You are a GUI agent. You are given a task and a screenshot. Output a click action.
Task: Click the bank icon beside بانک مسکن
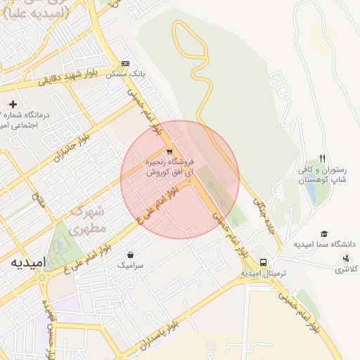tap(125, 63)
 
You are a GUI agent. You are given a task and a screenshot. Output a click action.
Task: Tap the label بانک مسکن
tap(125, 73)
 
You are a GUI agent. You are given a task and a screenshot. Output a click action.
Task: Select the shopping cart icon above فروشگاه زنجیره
tap(169, 151)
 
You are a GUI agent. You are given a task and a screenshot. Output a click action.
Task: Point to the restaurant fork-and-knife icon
tap(322, 158)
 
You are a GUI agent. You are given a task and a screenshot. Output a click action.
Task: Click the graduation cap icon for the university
tap(324, 233)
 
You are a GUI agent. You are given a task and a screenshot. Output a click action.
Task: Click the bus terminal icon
tap(263, 262)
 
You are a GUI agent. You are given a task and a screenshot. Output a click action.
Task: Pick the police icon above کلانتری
tap(345, 258)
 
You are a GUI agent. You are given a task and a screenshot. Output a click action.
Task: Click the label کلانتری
tap(345, 269)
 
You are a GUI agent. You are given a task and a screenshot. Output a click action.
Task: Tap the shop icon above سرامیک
tap(130, 255)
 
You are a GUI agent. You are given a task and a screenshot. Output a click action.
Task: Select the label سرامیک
tap(130, 265)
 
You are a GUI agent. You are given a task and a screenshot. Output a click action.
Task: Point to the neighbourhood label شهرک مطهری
tap(90, 219)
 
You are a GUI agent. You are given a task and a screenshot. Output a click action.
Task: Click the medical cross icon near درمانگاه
tap(13, 104)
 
